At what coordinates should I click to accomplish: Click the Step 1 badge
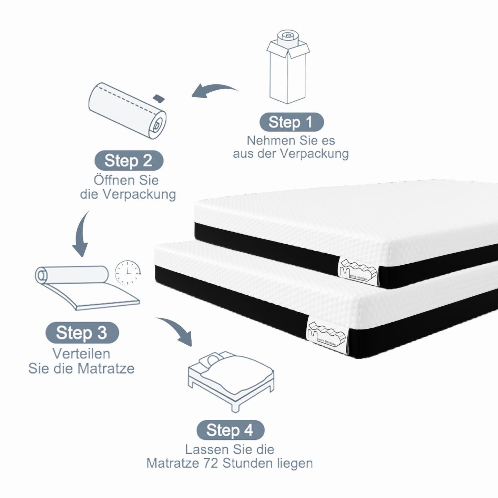pyautogui.click(x=291, y=122)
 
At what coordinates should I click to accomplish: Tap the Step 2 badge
pyautogui.click(x=129, y=161)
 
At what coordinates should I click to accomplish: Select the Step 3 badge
pyautogui.click(x=82, y=333)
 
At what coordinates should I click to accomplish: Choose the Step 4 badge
pyautogui.click(x=230, y=430)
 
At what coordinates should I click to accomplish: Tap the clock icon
pyautogui.click(x=128, y=273)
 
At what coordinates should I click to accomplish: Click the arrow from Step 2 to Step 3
pyautogui.click(x=81, y=234)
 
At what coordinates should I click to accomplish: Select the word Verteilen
pyautogui.click(x=81, y=354)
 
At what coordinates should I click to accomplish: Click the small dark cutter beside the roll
pyautogui.click(x=159, y=99)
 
